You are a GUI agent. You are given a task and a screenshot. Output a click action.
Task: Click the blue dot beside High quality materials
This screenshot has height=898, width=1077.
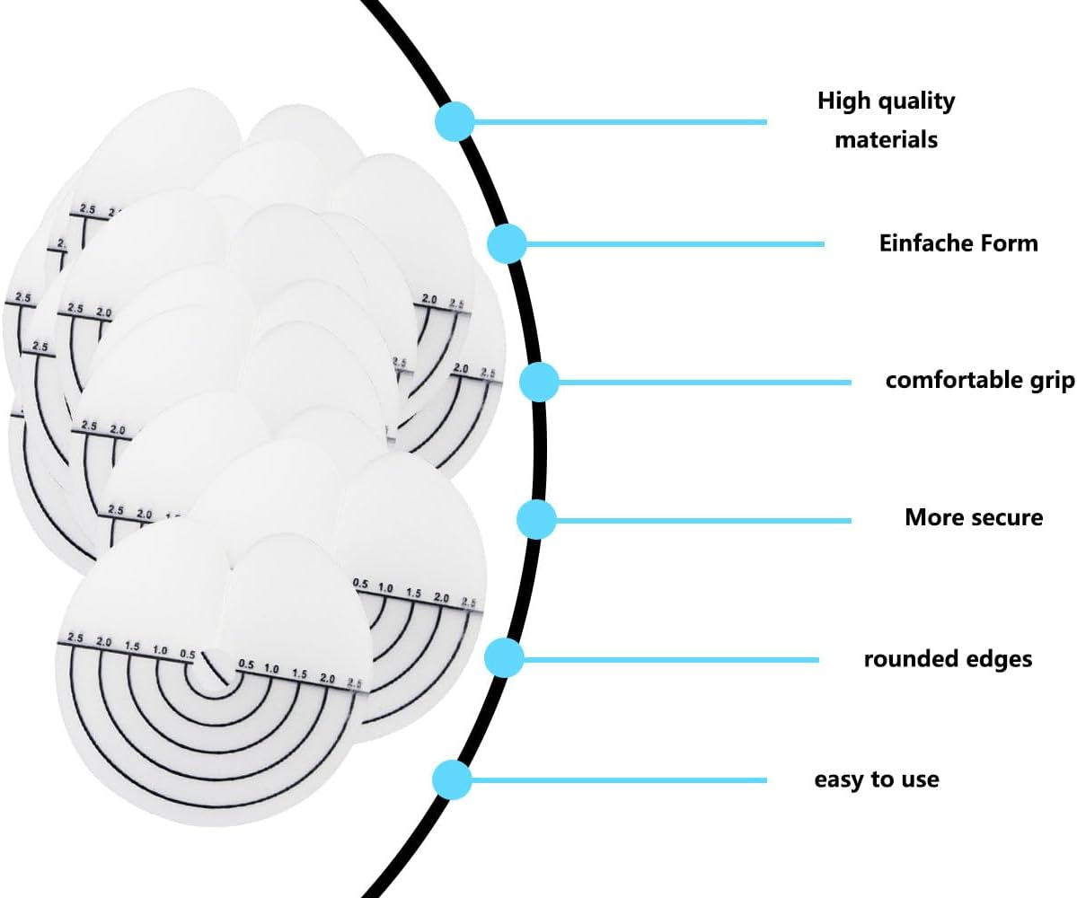click(455, 121)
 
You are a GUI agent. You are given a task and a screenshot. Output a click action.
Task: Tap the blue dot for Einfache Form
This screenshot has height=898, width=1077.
click(508, 243)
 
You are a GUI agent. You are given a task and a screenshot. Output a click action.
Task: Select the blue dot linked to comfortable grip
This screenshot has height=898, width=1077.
click(540, 383)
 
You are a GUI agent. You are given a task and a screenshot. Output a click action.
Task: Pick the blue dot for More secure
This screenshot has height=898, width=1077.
click(536, 519)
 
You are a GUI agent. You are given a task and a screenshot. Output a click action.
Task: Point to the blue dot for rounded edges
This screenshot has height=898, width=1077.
click(504, 658)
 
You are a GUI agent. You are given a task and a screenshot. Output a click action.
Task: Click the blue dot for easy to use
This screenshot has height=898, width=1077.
click(452, 779)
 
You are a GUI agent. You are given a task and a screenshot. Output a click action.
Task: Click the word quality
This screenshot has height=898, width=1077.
click(914, 101)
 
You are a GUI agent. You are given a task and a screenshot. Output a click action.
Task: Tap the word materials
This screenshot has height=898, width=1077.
click(886, 140)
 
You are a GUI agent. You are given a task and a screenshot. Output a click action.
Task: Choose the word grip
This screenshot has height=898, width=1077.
click(1051, 381)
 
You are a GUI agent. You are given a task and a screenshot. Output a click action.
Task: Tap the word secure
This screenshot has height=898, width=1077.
click(1009, 517)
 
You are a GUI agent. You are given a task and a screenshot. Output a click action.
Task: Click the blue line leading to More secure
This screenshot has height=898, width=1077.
click(701, 519)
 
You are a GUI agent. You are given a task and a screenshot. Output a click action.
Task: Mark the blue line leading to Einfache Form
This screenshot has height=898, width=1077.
click(674, 243)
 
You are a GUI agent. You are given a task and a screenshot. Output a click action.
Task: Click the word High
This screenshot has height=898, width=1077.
click(844, 101)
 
